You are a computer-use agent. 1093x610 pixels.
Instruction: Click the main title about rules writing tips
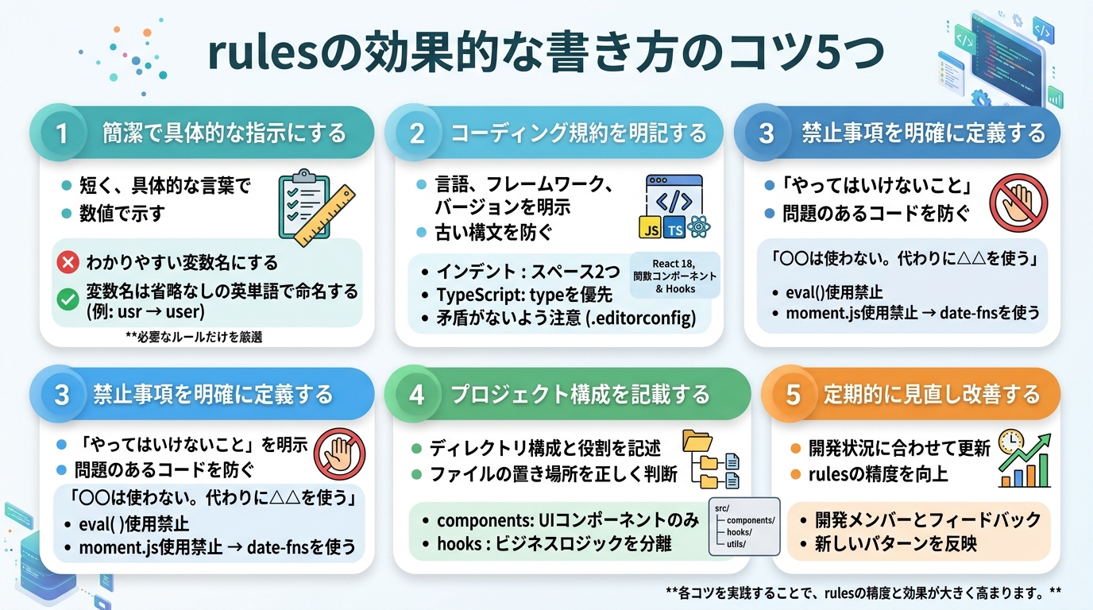click(546, 54)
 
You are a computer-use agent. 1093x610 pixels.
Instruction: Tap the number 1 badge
click(62, 133)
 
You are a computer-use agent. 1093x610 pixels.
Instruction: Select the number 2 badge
click(417, 133)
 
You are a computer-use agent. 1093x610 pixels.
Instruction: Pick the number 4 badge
click(417, 394)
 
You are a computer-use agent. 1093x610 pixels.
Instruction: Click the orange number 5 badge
click(793, 394)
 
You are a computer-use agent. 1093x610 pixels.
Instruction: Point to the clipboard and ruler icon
click(315, 205)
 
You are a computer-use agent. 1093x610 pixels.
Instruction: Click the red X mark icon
click(68, 262)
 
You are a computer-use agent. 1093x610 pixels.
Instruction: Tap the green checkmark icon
click(68, 299)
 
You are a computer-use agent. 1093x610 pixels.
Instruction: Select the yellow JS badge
click(651, 230)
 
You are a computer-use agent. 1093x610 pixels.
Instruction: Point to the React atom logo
click(699, 229)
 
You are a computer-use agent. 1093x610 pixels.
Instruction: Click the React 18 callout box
click(674, 276)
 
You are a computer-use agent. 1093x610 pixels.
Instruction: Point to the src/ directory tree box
click(743, 526)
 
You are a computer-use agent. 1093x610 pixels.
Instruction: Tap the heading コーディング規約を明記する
click(578, 133)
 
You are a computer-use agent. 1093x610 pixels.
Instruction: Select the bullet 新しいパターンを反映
click(895, 544)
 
